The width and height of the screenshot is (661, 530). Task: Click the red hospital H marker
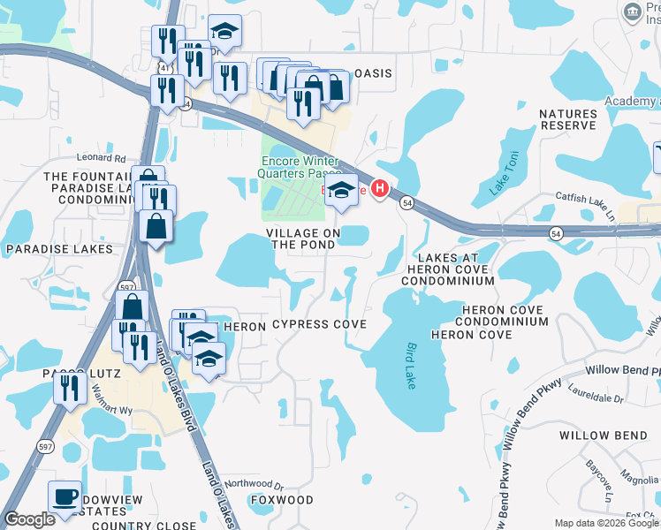pos(381,188)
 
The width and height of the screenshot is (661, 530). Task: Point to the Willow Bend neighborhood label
pos(603,435)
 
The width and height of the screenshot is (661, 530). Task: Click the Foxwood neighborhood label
pos(282,500)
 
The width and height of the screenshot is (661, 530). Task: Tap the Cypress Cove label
pos(319,325)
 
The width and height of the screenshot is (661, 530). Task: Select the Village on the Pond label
pos(303,238)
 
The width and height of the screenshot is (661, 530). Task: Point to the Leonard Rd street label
pos(101,158)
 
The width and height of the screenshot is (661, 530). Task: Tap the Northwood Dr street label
pos(254,484)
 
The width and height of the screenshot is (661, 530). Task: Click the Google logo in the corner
pos(29,519)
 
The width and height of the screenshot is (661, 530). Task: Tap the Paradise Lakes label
pos(60,249)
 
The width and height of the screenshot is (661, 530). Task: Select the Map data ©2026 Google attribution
pos(606,523)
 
